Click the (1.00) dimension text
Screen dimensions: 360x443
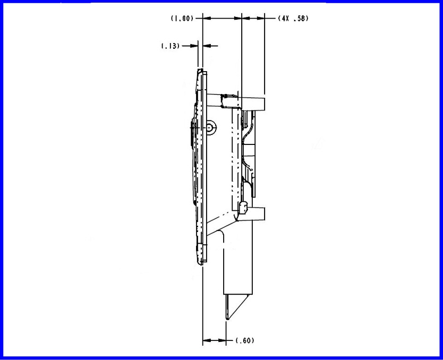[x=182, y=19]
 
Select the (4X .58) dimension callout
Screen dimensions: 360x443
[x=293, y=19]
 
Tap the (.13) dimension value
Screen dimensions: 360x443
[x=169, y=46]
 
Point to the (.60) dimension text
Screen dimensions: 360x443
[x=244, y=340]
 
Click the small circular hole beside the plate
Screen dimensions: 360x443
[x=211, y=127]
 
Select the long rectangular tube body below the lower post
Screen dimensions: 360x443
[x=239, y=260]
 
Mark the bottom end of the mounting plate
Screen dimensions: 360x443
[x=201, y=261]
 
